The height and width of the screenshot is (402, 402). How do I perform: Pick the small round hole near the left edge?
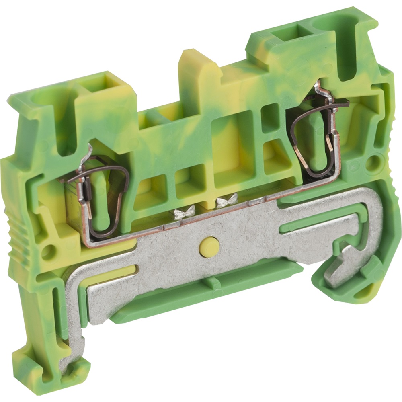[x=47, y=252]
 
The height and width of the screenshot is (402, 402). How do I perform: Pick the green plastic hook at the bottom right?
[x=362, y=281]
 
